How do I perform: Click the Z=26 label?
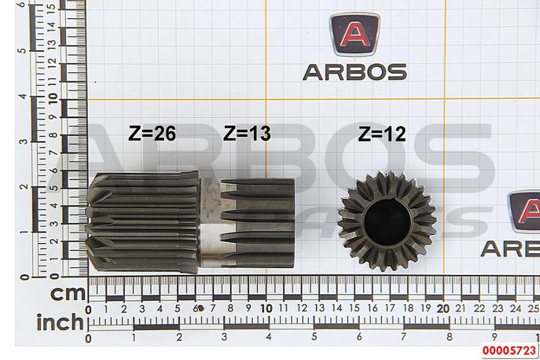click(152, 133)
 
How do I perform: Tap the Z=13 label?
click(247, 133)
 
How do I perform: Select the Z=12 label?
click(382, 134)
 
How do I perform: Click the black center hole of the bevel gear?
click(387, 222)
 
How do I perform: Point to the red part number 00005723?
click(510, 351)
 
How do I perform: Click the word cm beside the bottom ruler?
click(68, 294)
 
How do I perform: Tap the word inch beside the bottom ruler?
click(60, 322)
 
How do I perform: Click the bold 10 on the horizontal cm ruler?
click(267, 308)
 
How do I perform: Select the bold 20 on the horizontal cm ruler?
click(443, 309)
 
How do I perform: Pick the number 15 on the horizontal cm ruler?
click(355, 308)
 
